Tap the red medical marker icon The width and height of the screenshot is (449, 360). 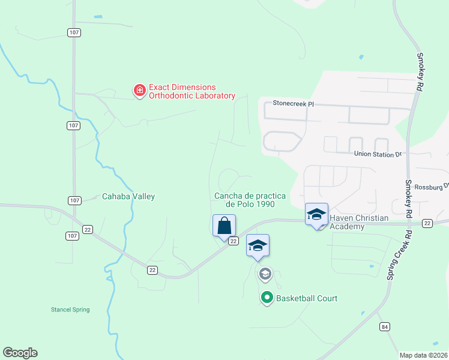point(139,91)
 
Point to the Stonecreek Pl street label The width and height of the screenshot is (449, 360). point(294,103)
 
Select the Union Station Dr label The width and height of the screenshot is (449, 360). point(377,154)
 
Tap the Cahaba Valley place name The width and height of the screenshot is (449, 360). point(128,196)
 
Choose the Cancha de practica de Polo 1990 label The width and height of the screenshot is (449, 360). point(250,200)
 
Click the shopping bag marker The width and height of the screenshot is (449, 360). point(224,226)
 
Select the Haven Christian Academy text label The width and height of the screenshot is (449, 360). point(360,222)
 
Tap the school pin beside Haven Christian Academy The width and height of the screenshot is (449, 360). point(316,214)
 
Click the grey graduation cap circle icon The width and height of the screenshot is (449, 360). point(265,274)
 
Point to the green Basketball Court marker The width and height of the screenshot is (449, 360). point(267,298)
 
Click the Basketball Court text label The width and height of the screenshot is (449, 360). point(306,298)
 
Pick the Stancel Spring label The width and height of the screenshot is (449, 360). point(70,310)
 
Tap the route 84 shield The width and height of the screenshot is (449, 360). point(384,326)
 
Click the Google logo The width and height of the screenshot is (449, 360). point(20,352)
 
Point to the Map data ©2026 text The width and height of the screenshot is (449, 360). point(423,355)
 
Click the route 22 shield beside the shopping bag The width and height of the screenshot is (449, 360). point(234,241)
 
